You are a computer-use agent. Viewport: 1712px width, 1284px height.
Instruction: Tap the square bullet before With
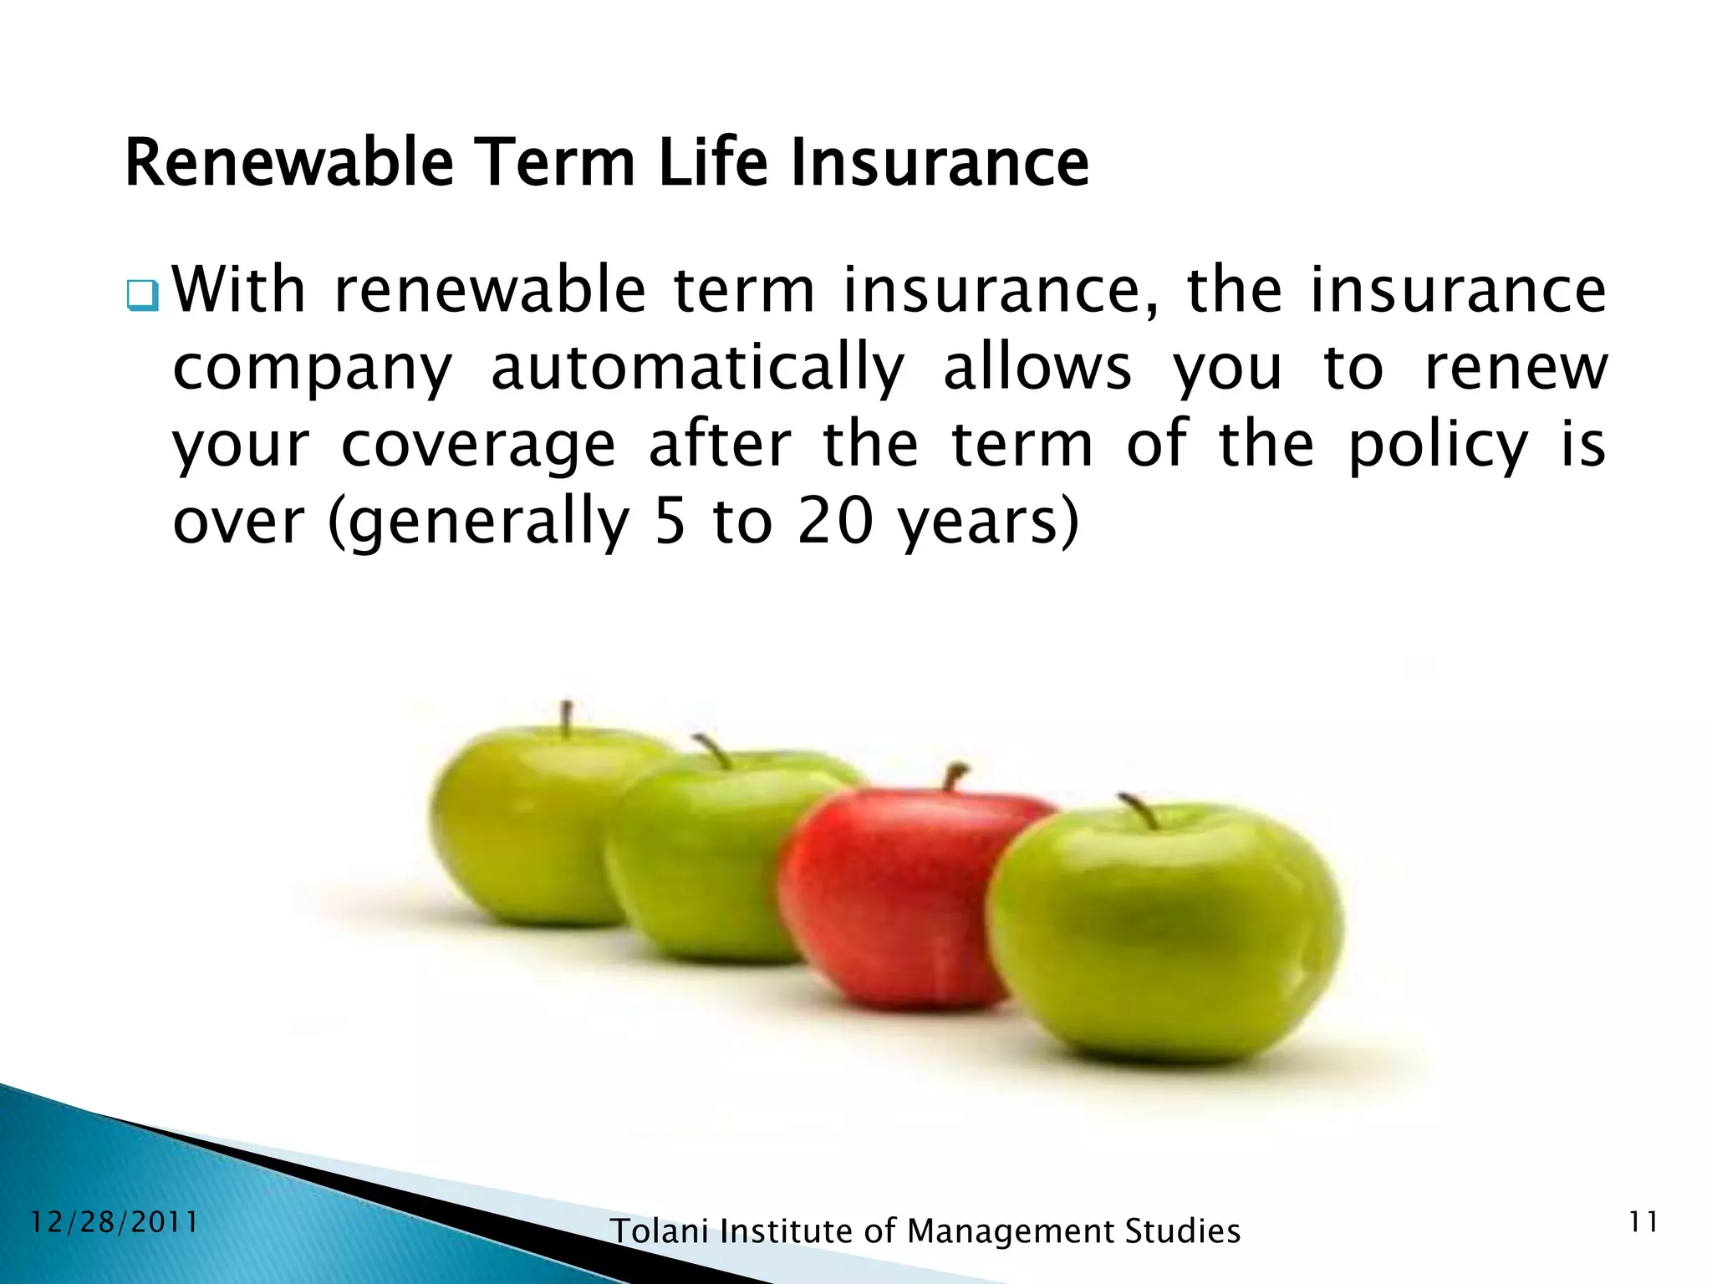[142, 295]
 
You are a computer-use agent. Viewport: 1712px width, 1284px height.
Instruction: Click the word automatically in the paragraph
[698, 369]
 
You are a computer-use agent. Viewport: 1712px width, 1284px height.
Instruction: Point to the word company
[312, 369]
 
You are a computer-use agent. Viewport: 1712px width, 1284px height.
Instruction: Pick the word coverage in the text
[478, 445]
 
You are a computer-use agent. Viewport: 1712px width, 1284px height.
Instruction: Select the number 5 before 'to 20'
[670, 522]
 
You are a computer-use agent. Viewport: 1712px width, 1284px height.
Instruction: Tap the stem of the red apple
[954, 776]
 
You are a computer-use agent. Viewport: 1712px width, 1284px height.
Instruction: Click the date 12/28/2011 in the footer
[114, 1222]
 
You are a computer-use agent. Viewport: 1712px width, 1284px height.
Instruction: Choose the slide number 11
[1643, 1223]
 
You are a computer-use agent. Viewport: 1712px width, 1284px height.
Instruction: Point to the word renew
[1515, 369]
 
